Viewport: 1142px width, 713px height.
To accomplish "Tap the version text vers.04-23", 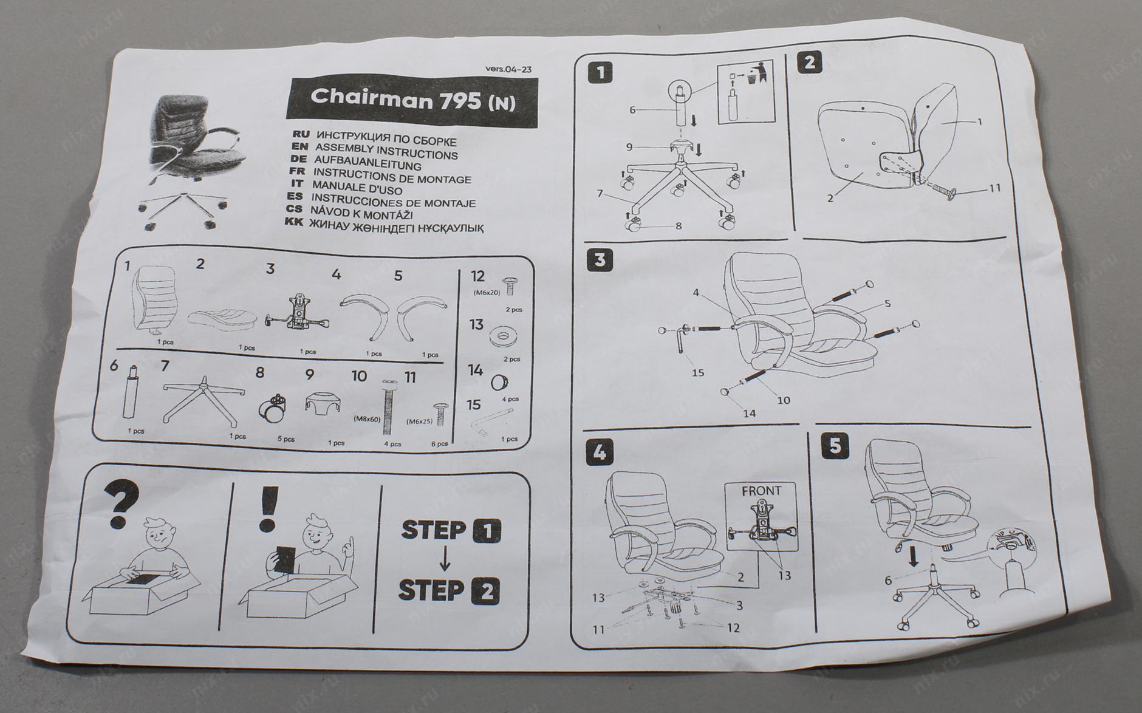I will [508, 69].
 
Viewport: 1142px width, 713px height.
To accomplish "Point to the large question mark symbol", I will [122, 504].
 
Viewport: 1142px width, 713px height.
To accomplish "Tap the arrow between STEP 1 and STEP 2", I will [445, 560].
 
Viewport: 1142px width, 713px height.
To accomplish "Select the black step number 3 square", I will [600, 260].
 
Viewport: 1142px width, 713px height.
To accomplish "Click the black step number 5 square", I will [835, 446].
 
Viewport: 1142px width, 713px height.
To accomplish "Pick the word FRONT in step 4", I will [761, 491].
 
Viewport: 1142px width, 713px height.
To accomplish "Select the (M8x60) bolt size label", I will [366, 418].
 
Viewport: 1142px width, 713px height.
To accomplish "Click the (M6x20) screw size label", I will [487, 293].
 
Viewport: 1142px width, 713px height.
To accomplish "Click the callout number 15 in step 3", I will [697, 372].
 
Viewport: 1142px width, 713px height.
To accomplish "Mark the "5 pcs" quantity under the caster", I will [285, 439].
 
